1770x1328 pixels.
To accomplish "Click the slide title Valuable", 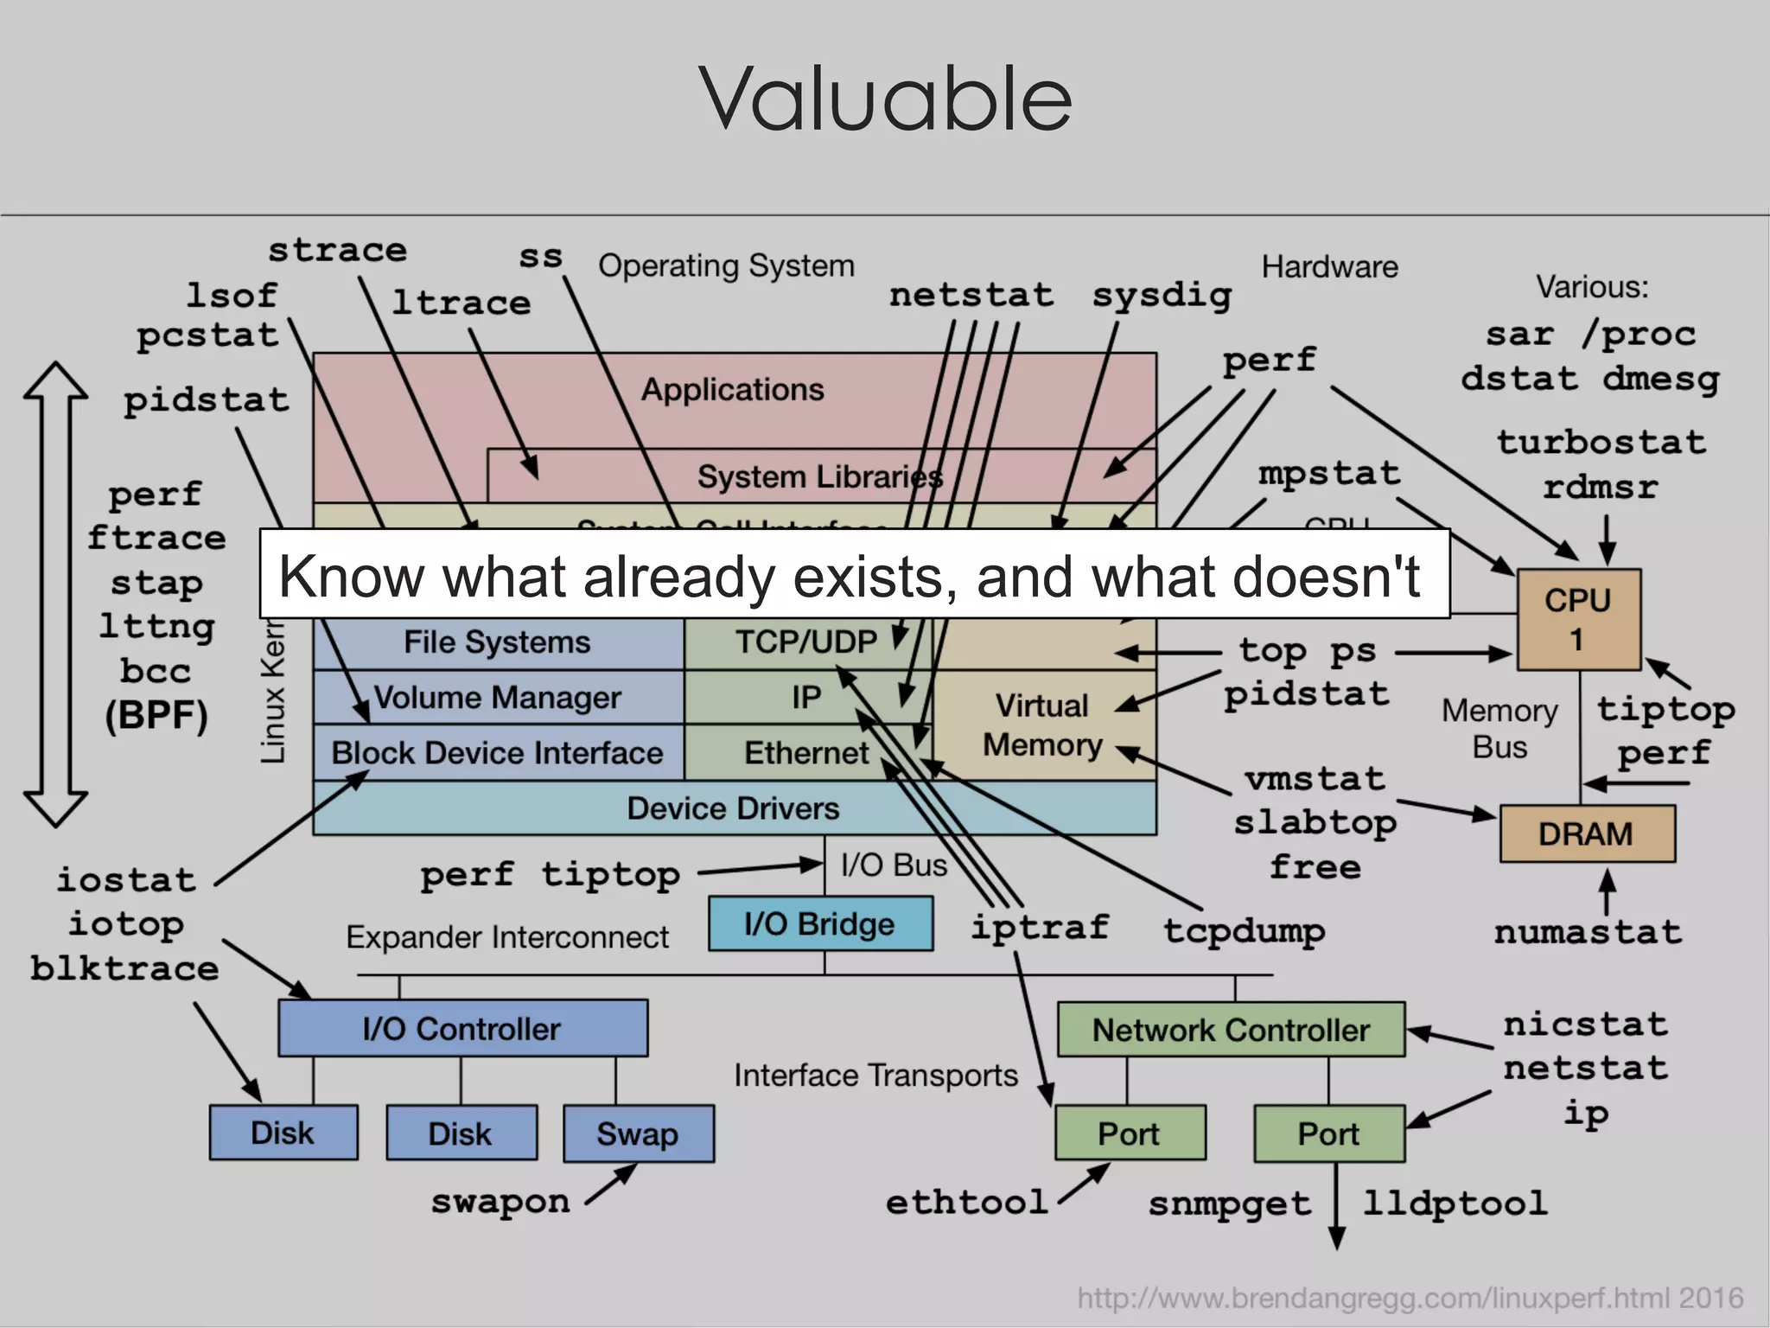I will click(x=885, y=99).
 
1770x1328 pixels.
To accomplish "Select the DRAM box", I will click(x=1587, y=834).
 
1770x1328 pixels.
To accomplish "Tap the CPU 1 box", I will click(x=1578, y=620).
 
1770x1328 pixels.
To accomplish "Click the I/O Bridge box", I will click(x=819, y=924).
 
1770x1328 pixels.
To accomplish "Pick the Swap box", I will click(x=638, y=1133).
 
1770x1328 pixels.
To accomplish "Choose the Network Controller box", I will click(x=1231, y=1030).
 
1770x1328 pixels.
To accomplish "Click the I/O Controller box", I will click(x=462, y=1029).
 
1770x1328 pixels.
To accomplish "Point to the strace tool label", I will click(x=337, y=251).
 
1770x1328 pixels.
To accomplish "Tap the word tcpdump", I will click(x=1244, y=931).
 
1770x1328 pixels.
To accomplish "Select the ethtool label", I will click(x=966, y=1203).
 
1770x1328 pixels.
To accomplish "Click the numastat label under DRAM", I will click(x=1588, y=932).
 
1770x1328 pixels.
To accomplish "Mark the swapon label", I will click(x=500, y=1202).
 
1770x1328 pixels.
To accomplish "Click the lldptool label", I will click(x=1455, y=1203).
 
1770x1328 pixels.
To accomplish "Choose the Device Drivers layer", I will click(x=733, y=808).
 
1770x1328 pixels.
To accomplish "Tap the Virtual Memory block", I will click(x=1043, y=725).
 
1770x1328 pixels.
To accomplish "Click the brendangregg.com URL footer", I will click(x=1410, y=1298).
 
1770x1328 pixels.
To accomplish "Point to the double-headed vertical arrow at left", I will click(x=55, y=594).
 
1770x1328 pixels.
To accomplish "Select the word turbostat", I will click(x=1601, y=443).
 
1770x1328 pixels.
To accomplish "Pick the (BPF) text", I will click(x=156, y=716).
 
